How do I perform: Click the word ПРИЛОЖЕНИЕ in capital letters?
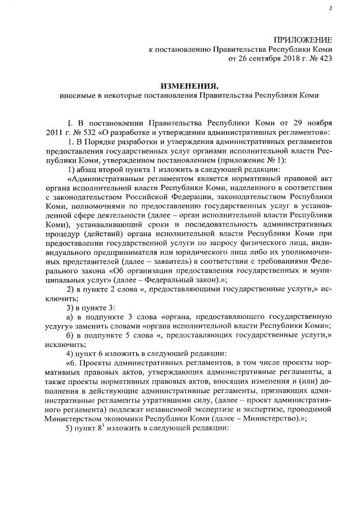pyautogui.click(x=303, y=39)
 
